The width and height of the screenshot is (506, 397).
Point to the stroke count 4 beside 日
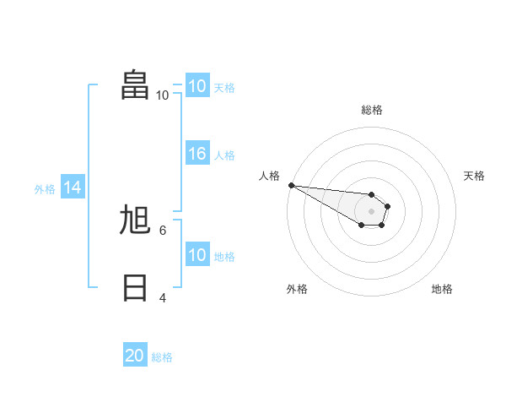(163, 298)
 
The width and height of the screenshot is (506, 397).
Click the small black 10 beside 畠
(162, 95)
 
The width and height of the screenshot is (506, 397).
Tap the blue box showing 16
(197, 154)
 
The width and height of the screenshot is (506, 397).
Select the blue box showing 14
(73, 188)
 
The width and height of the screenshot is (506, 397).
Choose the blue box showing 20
(135, 356)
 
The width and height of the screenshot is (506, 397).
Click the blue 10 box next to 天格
(197, 86)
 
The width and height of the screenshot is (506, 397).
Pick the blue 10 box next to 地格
(197, 255)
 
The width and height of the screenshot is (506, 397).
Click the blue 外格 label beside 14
(45, 189)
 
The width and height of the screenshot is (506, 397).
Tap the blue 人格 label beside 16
(224, 155)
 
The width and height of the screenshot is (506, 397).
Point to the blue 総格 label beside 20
(162, 357)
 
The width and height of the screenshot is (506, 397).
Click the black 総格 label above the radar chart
(372, 110)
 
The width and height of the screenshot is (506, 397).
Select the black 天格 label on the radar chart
(474, 176)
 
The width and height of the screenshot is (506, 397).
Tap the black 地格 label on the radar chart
(442, 289)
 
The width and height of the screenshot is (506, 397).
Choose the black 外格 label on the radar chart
(297, 289)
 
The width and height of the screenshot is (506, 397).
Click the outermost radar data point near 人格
(291, 185)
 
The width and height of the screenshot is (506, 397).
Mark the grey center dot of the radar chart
(371, 211)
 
